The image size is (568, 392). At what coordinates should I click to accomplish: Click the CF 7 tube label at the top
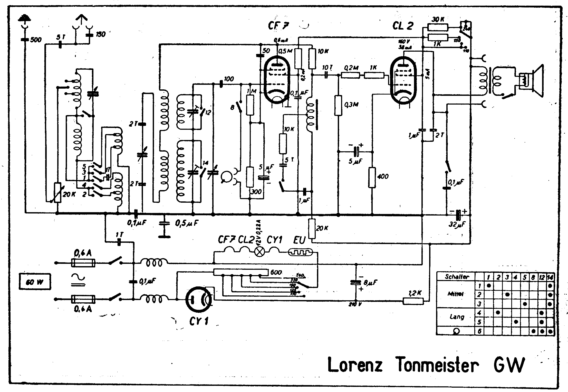point(278,26)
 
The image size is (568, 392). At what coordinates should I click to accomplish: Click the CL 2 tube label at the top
point(402,26)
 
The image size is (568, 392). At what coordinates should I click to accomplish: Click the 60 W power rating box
point(35,282)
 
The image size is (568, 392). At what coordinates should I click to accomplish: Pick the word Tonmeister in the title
point(437,365)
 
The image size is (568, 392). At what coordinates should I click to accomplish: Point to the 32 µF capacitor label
point(455,225)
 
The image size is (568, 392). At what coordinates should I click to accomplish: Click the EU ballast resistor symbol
point(300,253)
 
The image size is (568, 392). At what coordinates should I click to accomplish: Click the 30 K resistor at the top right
point(438,27)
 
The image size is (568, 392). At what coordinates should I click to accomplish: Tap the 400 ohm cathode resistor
point(372,177)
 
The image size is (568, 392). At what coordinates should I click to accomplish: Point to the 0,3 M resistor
point(338,105)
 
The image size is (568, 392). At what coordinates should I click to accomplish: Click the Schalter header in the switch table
point(457,277)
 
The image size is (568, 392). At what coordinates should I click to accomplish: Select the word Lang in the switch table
point(457,317)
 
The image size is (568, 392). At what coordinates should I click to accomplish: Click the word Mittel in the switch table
point(457,294)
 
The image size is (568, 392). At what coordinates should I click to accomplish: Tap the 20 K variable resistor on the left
point(58,193)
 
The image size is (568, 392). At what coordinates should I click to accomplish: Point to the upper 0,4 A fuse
point(83,263)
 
